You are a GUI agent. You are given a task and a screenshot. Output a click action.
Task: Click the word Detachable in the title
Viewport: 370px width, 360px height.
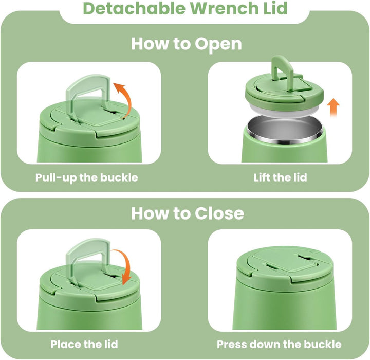point(135,8)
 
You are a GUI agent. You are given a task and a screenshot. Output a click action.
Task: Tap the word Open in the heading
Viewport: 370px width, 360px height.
point(218,44)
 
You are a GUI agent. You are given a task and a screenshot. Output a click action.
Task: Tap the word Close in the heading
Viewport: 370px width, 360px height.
point(219,213)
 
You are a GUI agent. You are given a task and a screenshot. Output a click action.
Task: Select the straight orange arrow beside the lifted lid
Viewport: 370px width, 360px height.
point(334,107)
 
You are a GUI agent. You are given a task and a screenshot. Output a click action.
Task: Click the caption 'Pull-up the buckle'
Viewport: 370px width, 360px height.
point(87,177)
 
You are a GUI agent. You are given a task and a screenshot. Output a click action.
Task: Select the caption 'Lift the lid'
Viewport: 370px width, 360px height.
point(281,177)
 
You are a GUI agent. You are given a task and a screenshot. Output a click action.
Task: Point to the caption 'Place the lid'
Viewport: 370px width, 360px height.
point(84,344)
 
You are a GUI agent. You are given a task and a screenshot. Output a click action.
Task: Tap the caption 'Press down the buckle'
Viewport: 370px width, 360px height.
point(279,344)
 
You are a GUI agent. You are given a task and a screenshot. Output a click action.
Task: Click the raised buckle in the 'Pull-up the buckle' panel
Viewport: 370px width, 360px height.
point(88,95)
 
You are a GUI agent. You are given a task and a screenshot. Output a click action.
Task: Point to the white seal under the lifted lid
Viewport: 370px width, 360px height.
point(284,112)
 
